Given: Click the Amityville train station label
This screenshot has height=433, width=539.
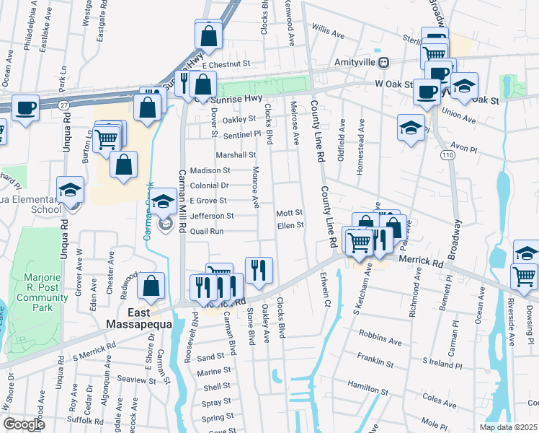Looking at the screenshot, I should click(357, 62).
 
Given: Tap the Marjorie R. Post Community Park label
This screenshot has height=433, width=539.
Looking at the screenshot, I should click(43, 292).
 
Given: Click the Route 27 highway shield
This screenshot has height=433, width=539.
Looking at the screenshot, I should click(66, 105).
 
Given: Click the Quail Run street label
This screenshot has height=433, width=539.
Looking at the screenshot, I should click(207, 232).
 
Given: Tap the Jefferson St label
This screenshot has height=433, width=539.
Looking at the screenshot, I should click(212, 216).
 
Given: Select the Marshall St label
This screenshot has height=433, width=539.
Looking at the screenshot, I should click(236, 154).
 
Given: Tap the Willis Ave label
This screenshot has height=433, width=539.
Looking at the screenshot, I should click(329, 31).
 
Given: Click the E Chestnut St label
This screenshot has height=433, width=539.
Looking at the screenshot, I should click(226, 64).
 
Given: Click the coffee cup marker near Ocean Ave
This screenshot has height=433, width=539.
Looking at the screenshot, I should click(25, 108).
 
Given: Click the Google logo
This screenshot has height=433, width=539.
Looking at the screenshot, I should click(24, 424).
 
